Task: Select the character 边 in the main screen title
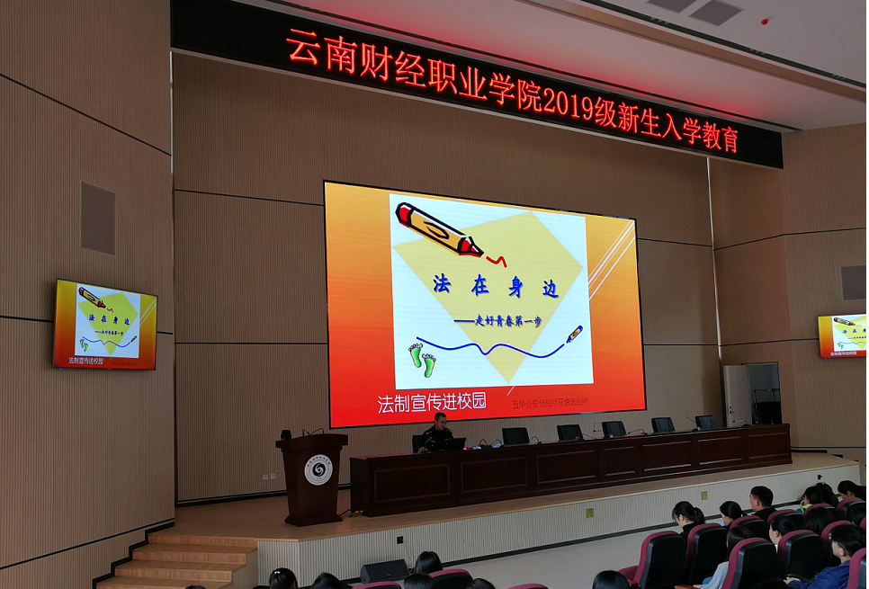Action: click(549, 289)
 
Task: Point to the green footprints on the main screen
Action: click(422, 358)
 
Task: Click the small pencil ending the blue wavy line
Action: click(574, 335)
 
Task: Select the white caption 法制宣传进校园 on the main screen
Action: click(432, 402)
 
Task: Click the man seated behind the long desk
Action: click(438, 434)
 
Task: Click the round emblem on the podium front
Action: click(318, 470)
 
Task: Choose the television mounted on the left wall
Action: click(104, 325)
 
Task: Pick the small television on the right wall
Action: click(842, 335)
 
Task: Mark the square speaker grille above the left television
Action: click(98, 218)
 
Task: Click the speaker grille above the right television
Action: click(853, 282)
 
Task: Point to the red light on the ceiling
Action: click(765, 21)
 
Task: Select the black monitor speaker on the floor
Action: click(384, 570)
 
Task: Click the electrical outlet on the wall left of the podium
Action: click(267, 477)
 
